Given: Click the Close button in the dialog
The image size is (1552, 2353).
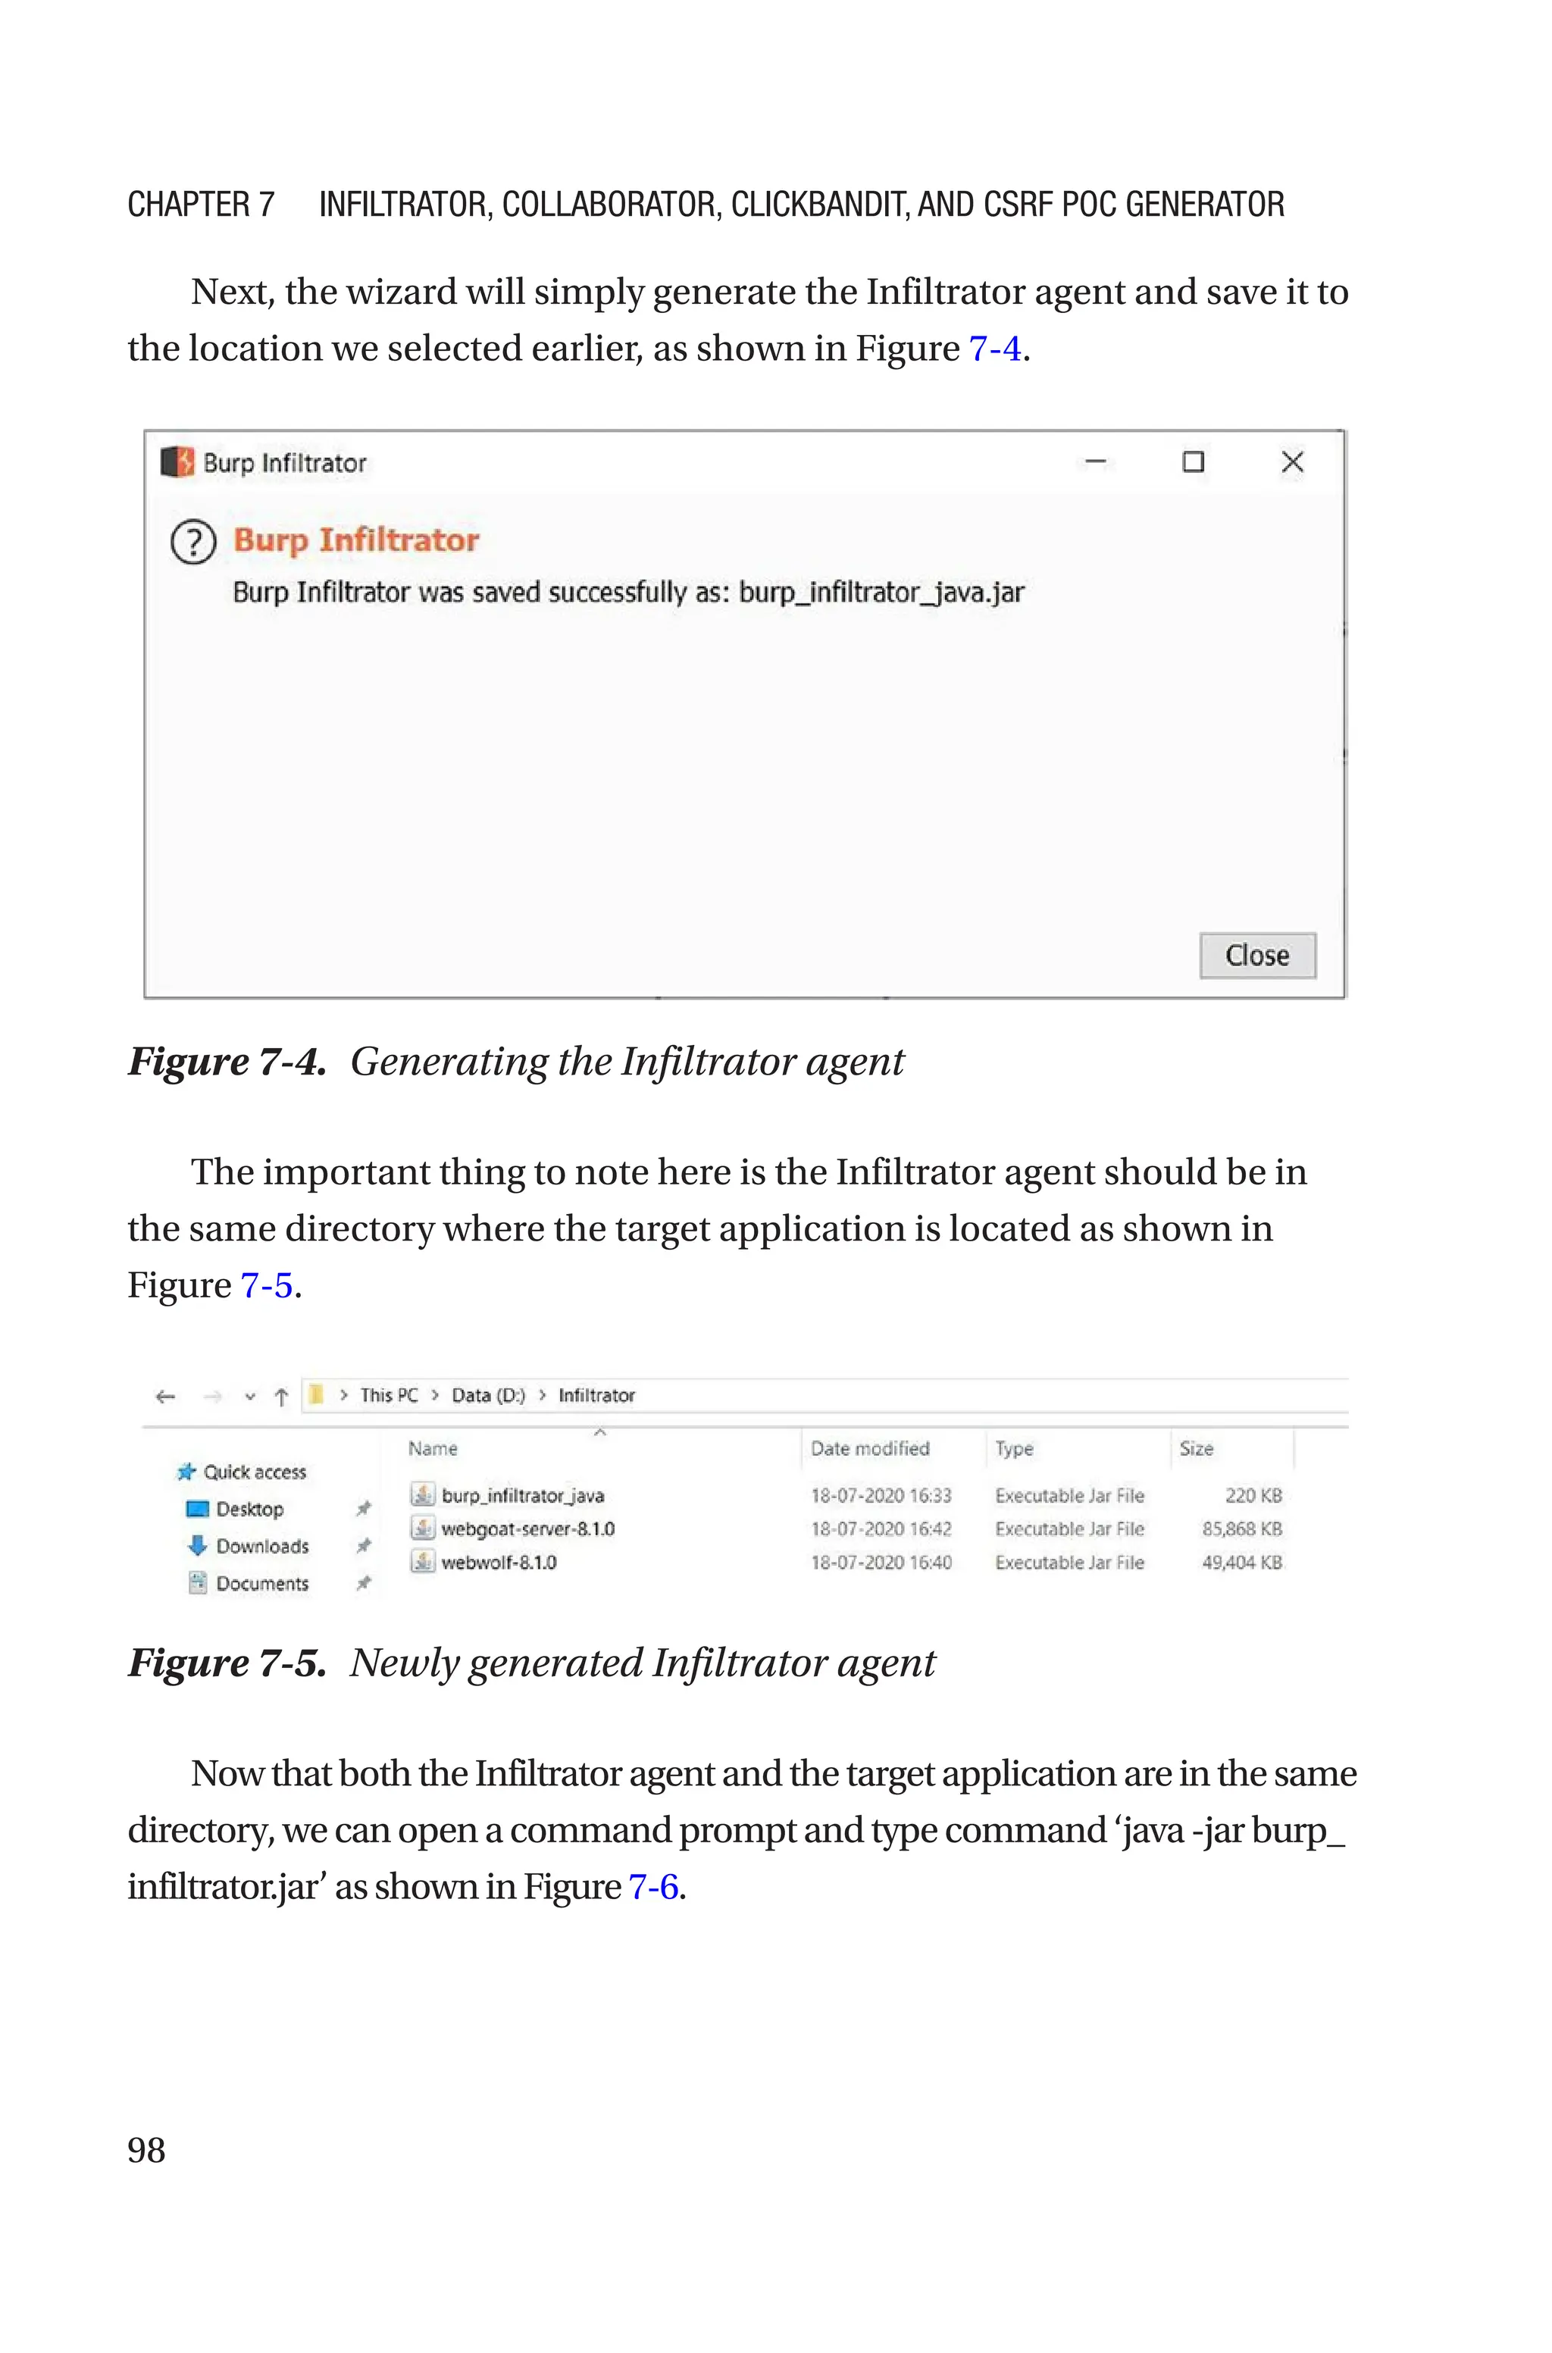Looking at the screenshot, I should (x=1257, y=956).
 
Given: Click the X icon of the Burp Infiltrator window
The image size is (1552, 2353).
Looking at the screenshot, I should (x=1291, y=462).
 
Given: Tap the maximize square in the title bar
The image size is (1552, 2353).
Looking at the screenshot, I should (x=1194, y=462).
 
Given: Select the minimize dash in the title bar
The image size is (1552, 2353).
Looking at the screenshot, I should (x=1096, y=462).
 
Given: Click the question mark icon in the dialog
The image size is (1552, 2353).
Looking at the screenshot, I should (x=193, y=543).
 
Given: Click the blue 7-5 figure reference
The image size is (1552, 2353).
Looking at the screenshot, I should (x=266, y=1285).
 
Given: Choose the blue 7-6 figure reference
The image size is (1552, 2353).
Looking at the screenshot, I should (x=653, y=1887).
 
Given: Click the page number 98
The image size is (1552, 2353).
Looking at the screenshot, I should (x=146, y=2150).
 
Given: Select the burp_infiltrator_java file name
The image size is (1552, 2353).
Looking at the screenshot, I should (x=523, y=1495).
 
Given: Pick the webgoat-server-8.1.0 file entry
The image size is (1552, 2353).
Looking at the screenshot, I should (x=527, y=1529).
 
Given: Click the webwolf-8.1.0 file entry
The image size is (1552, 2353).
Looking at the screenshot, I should (x=498, y=1563).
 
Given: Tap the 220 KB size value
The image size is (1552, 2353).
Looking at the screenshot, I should (x=1253, y=1495).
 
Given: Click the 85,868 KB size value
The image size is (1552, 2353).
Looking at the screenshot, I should (x=1241, y=1529).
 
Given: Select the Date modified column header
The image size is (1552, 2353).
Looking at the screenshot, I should (x=870, y=1449).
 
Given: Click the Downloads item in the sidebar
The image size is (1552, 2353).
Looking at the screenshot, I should (x=262, y=1547).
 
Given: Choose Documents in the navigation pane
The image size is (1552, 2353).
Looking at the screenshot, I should (x=262, y=1584).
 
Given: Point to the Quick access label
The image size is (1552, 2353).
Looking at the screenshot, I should (x=255, y=1472).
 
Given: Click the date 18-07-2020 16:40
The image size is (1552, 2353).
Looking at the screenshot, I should (x=881, y=1563).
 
